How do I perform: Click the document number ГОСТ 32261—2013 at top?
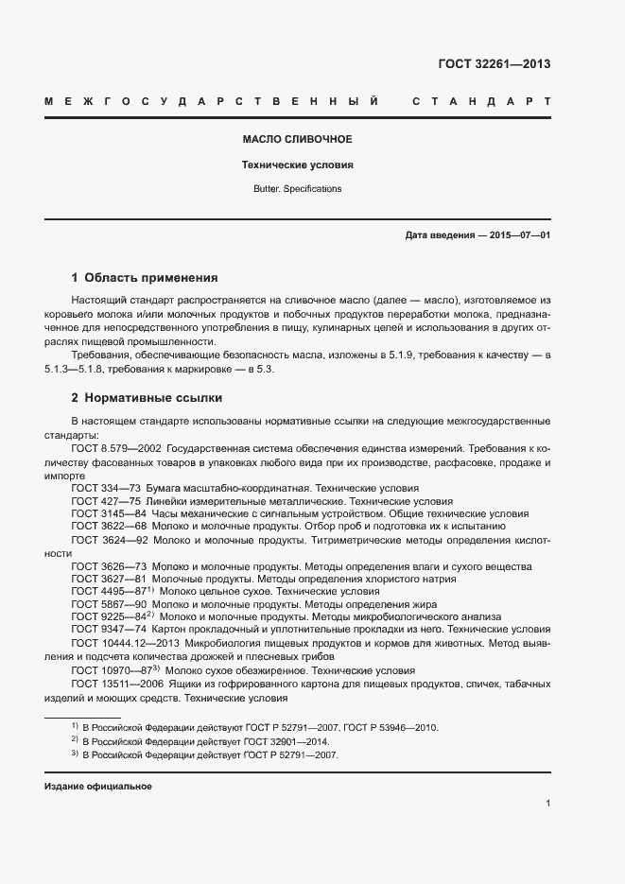point(494,64)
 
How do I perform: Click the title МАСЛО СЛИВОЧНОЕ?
point(297,140)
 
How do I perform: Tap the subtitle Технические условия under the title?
point(297,165)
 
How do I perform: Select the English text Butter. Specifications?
point(297,189)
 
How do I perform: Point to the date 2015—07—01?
point(519,234)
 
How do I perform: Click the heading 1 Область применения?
point(145,278)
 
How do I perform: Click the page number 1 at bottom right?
point(547,804)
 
